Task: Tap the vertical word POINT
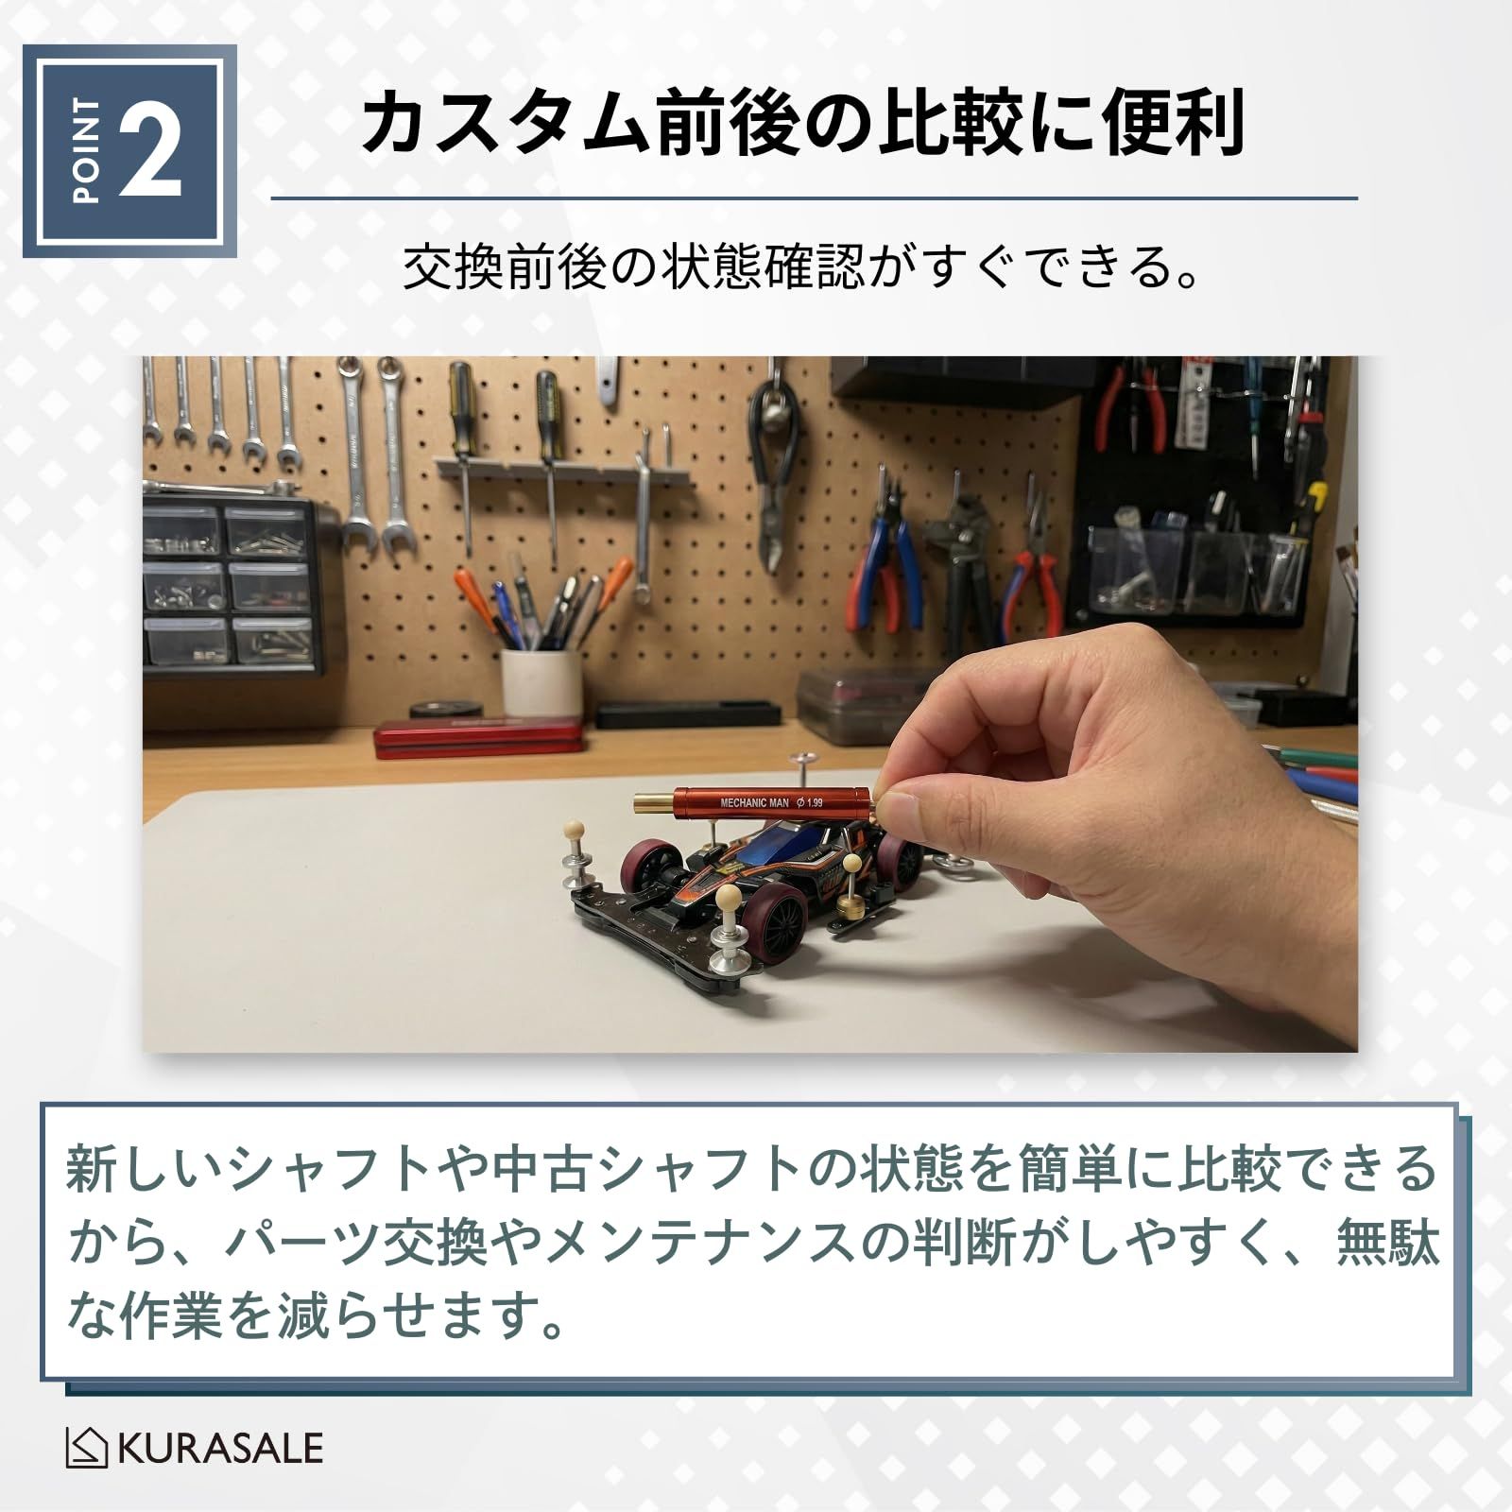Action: [x=86, y=151]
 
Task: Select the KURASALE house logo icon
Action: [x=88, y=1449]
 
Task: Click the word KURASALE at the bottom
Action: [x=220, y=1449]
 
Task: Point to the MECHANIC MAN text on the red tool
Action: [x=753, y=802]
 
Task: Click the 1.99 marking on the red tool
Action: [x=810, y=802]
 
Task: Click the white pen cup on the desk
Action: [x=541, y=682]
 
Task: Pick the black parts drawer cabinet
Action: [x=232, y=586]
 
